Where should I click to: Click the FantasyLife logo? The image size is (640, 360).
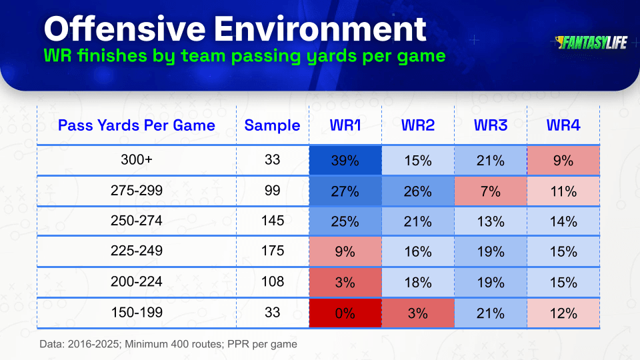tap(591, 43)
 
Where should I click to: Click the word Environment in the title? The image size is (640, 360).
tap(320, 29)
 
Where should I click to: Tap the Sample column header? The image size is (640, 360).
tap(272, 125)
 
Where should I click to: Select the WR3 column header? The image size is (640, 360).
tap(491, 125)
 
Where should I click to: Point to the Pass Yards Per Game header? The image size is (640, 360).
tap(136, 125)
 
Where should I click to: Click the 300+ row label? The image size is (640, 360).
tap(136, 159)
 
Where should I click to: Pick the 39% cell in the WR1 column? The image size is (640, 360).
tap(345, 161)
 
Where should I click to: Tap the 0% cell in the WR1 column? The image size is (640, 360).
tap(345, 313)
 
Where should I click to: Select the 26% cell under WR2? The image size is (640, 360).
tap(418, 191)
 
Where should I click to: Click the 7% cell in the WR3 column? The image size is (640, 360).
tap(491, 191)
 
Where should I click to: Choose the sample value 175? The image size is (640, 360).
tap(272, 250)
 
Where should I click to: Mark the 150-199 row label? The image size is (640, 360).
tap(137, 312)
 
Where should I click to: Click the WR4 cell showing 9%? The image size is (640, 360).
tap(563, 161)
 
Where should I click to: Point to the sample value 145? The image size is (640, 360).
tap(272, 221)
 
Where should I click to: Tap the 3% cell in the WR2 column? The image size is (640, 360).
tap(418, 313)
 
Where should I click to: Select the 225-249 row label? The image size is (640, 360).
tap(136, 250)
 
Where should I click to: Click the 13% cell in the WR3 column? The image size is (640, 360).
tap(491, 221)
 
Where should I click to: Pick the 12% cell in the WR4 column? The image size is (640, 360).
tap(563, 313)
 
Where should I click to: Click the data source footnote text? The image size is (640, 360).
tap(168, 344)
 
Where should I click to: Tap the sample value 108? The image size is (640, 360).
tap(272, 281)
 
